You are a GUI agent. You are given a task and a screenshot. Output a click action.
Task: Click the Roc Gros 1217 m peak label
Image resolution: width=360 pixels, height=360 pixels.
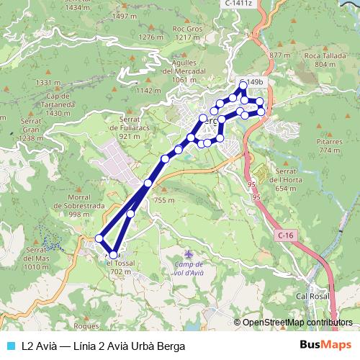186,33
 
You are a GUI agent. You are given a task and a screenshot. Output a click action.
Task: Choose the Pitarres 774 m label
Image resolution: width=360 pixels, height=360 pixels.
328,147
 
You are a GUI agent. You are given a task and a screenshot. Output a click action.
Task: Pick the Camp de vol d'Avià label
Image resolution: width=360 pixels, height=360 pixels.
189,269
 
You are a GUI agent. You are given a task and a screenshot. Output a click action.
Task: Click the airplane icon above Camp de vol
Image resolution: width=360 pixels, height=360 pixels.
189,254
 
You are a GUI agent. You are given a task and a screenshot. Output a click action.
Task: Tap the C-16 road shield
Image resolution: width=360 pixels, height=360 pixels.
285,235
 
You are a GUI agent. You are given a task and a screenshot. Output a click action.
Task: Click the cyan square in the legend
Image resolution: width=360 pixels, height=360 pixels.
9,346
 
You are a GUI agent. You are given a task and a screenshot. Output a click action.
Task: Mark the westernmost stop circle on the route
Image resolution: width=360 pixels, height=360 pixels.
99,238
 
